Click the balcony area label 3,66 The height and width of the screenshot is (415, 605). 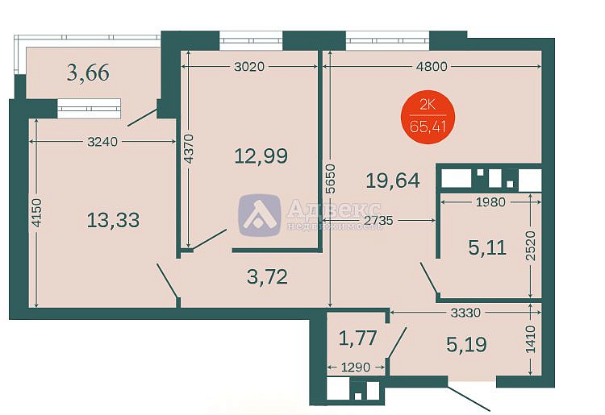pyautogui.click(x=88, y=73)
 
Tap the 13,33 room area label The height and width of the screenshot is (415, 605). pyautogui.click(x=113, y=221)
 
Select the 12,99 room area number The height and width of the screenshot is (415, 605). pyautogui.click(x=261, y=156)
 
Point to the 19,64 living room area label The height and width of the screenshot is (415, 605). pyautogui.click(x=393, y=181)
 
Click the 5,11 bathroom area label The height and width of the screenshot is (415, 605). pyautogui.click(x=487, y=247)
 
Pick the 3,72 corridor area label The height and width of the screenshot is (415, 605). pyautogui.click(x=267, y=276)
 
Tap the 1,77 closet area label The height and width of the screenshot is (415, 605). pyautogui.click(x=357, y=338)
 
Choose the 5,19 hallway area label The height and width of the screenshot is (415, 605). pyautogui.click(x=466, y=344)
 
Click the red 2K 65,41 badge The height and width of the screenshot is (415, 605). pyautogui.click(x=428, y=117)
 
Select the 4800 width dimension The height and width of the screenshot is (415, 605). pyautogui.click(x=432, y=67)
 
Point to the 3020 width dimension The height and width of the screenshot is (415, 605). pyautogui.click(x=249, y=67)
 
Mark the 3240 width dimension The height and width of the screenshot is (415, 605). pyautogui.click(x=102, y=142)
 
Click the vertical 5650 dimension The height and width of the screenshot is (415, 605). pyautogui.click(x=330, y=179)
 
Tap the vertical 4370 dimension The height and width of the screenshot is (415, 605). pyautogui.click(x=188, y=149)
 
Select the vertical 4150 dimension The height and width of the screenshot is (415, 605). pyautogui.click(x=36, y=213)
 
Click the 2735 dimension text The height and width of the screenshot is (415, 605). pyautogui.click(x=378, y=221)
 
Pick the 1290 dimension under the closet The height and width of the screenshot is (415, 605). pyautogui.click(x=356, y=367)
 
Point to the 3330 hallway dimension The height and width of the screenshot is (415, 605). pyautogui.click(x=465, y=312)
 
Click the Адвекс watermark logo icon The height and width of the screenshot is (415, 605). pyautogui.click(x=259, y=215)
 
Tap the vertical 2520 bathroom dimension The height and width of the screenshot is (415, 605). pyautogui.click(x=531, y=246)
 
